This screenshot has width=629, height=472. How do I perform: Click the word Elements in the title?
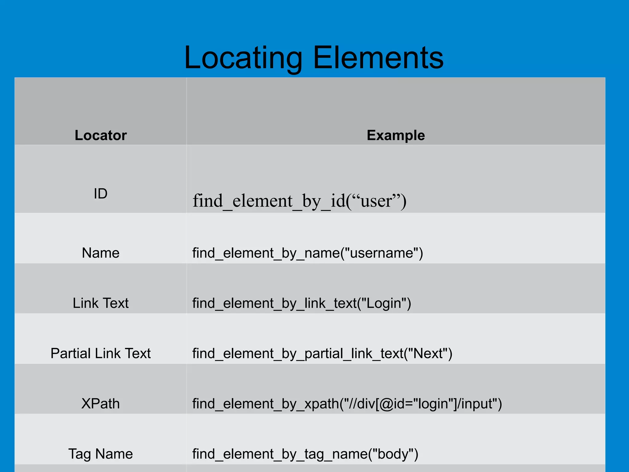[x=378, y=58]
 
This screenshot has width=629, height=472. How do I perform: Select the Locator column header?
[x=100, y=135]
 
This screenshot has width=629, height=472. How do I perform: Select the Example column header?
[x=396, y=135]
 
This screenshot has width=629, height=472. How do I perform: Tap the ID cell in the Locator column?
[x=100, y=193]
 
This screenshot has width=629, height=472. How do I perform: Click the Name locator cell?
[x=100, y=253]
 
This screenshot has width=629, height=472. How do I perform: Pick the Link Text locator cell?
[x=100, y=303]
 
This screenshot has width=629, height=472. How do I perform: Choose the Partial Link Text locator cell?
[x=100, y=353]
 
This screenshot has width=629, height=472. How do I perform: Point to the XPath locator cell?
[x=100, y=404]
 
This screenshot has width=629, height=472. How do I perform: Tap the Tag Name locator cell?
[x=100, y=454]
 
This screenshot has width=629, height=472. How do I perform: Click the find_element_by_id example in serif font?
[x=299, y=201]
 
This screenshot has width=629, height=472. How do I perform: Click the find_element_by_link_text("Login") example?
[x=301, y=303]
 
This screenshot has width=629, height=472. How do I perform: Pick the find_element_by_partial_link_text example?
[x=322, y=353]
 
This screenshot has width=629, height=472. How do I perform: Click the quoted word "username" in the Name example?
[x=381, y=253]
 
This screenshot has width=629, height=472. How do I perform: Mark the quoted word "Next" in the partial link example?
[x=428, y=353]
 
